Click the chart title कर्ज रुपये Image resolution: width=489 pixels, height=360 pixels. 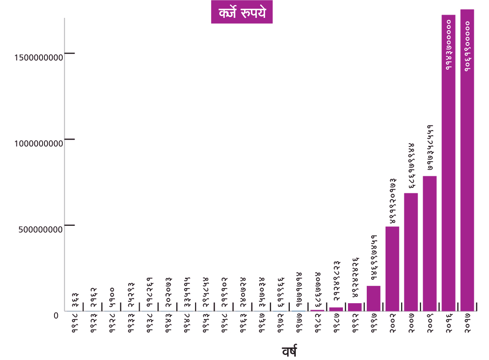coord(242,12)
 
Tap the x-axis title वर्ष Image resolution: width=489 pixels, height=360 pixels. coord(289,352)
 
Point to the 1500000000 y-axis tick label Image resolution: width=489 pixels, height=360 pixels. coord(38,58)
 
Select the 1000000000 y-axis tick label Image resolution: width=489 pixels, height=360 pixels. coord(38,143)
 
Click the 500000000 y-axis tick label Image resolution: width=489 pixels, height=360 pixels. coord(41,229)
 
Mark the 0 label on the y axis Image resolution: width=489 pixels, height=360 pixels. coord(56,316)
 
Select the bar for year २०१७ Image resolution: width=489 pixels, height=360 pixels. coord(467,160)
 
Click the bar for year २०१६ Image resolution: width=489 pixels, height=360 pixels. coord(448,163)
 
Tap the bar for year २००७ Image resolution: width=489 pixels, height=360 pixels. coord(411,252)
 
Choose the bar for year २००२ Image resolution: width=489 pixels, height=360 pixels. coord(392,269)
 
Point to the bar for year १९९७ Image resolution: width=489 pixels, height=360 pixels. coord(374,298)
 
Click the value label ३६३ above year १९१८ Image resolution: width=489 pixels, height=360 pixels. coord(74,298)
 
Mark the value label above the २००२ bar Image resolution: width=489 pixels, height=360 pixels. coord(392,201)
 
